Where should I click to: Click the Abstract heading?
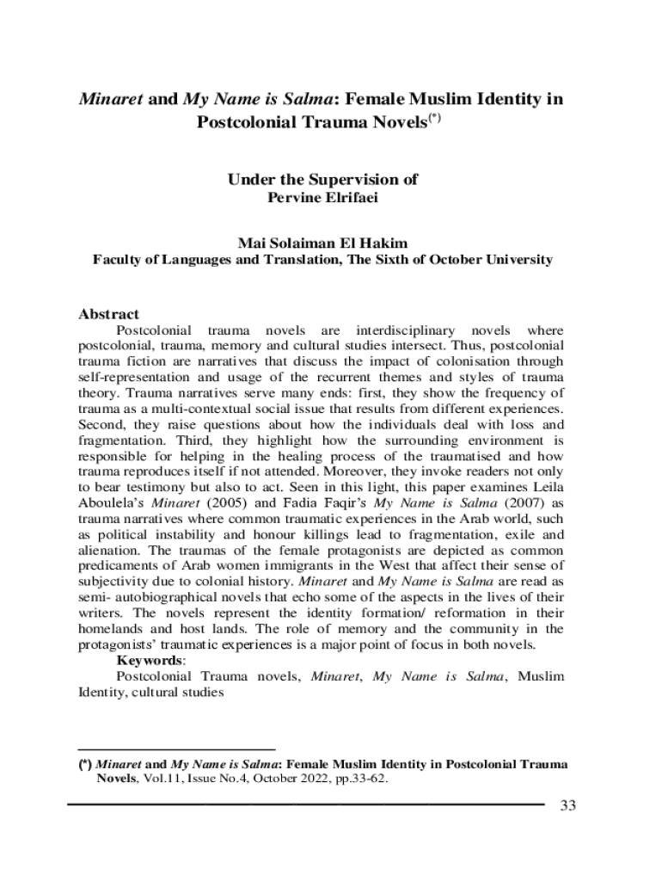pyautogui.click(x=108, y=315)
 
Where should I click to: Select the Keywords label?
pyautogui.click(x=150, y=660)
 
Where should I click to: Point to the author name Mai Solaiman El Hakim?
pyautogui.click(x=322, y=244)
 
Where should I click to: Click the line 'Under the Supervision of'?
pyautogui.click(x=322, y=180)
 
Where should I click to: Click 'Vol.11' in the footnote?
pyautogui.click(x=161, y=779)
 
